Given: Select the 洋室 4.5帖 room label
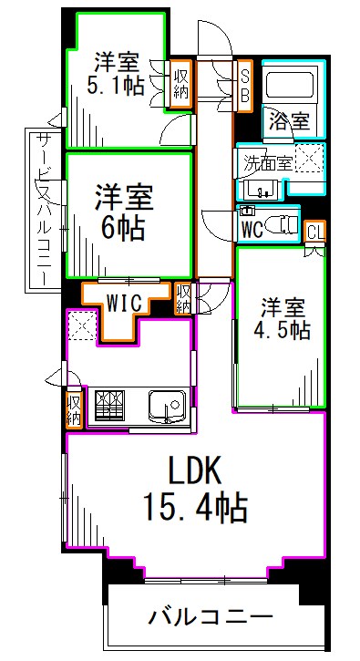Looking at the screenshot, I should pyautogui.click(x=283, y=317).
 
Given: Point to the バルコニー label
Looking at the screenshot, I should pyautogui.click(x=211, y=617).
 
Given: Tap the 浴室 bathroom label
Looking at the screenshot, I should pyautogui.click(x=286, y=119).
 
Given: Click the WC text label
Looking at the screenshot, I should pyautogui.click(x=252, y=228).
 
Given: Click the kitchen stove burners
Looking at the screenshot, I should pyautogui.click(x=110, y=402).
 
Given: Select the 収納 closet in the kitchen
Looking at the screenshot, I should pyautogui.click(x=73, y=409).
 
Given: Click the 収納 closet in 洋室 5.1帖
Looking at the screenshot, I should pyautogui.click(x=181, y=83).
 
